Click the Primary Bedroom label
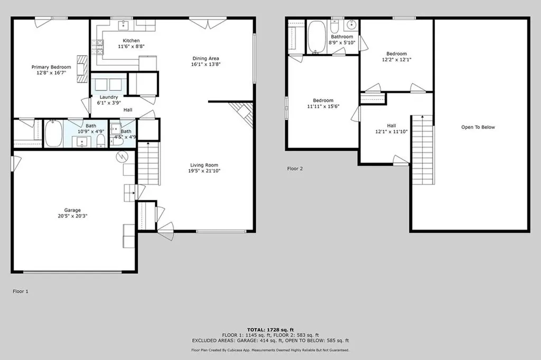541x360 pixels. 51,67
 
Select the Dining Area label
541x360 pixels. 206,58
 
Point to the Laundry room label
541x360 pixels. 109,97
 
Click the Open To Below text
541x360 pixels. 478,127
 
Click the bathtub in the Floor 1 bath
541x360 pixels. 53,134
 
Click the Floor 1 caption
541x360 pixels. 21,291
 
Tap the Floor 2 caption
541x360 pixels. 295,169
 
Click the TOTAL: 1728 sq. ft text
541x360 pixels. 270,329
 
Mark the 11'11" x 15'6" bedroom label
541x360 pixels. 323,103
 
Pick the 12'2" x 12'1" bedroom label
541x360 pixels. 396,57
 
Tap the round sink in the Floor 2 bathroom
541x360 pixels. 351,25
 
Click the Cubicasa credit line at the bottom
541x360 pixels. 270,350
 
